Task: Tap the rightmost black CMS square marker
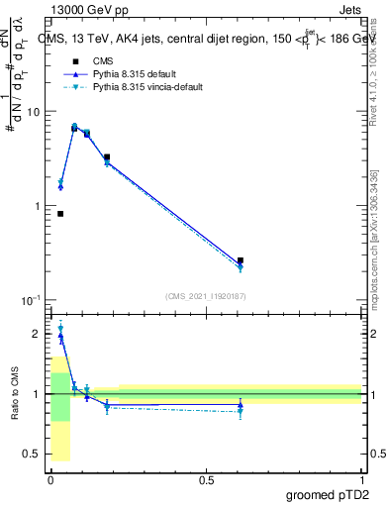[x=241, y=260]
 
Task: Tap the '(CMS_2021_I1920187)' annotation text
[x=205, y=296]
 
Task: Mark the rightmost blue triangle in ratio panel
[x=241, y=405]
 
